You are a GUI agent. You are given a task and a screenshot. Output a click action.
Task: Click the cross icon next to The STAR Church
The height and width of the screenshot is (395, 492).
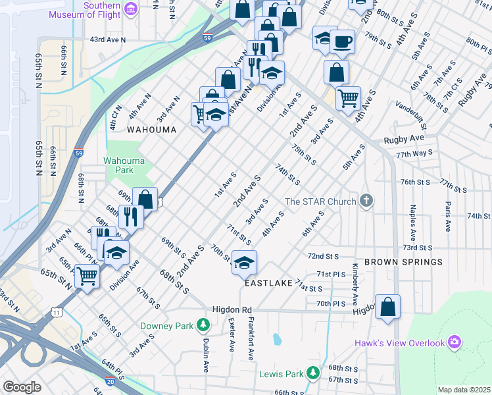367,201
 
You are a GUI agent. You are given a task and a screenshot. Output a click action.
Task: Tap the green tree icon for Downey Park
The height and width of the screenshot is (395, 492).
204,325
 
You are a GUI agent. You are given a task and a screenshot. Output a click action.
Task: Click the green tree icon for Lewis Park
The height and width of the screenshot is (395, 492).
314,374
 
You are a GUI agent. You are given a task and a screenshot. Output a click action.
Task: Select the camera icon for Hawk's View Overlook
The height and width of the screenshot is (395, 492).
455,342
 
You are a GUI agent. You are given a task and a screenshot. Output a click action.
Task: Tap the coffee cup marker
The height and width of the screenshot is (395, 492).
342,43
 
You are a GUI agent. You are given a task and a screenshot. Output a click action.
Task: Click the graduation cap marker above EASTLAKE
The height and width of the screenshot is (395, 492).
243,263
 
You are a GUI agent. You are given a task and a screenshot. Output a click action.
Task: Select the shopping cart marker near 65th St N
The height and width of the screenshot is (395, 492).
87,276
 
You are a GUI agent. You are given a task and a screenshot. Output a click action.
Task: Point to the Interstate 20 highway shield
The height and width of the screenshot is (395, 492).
109,381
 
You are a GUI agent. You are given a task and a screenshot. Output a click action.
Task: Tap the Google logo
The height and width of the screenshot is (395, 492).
22,387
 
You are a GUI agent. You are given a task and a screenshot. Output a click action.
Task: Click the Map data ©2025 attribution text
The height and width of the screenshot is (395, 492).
463,390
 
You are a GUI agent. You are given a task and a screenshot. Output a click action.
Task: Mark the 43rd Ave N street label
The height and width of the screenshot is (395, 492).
107,39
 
